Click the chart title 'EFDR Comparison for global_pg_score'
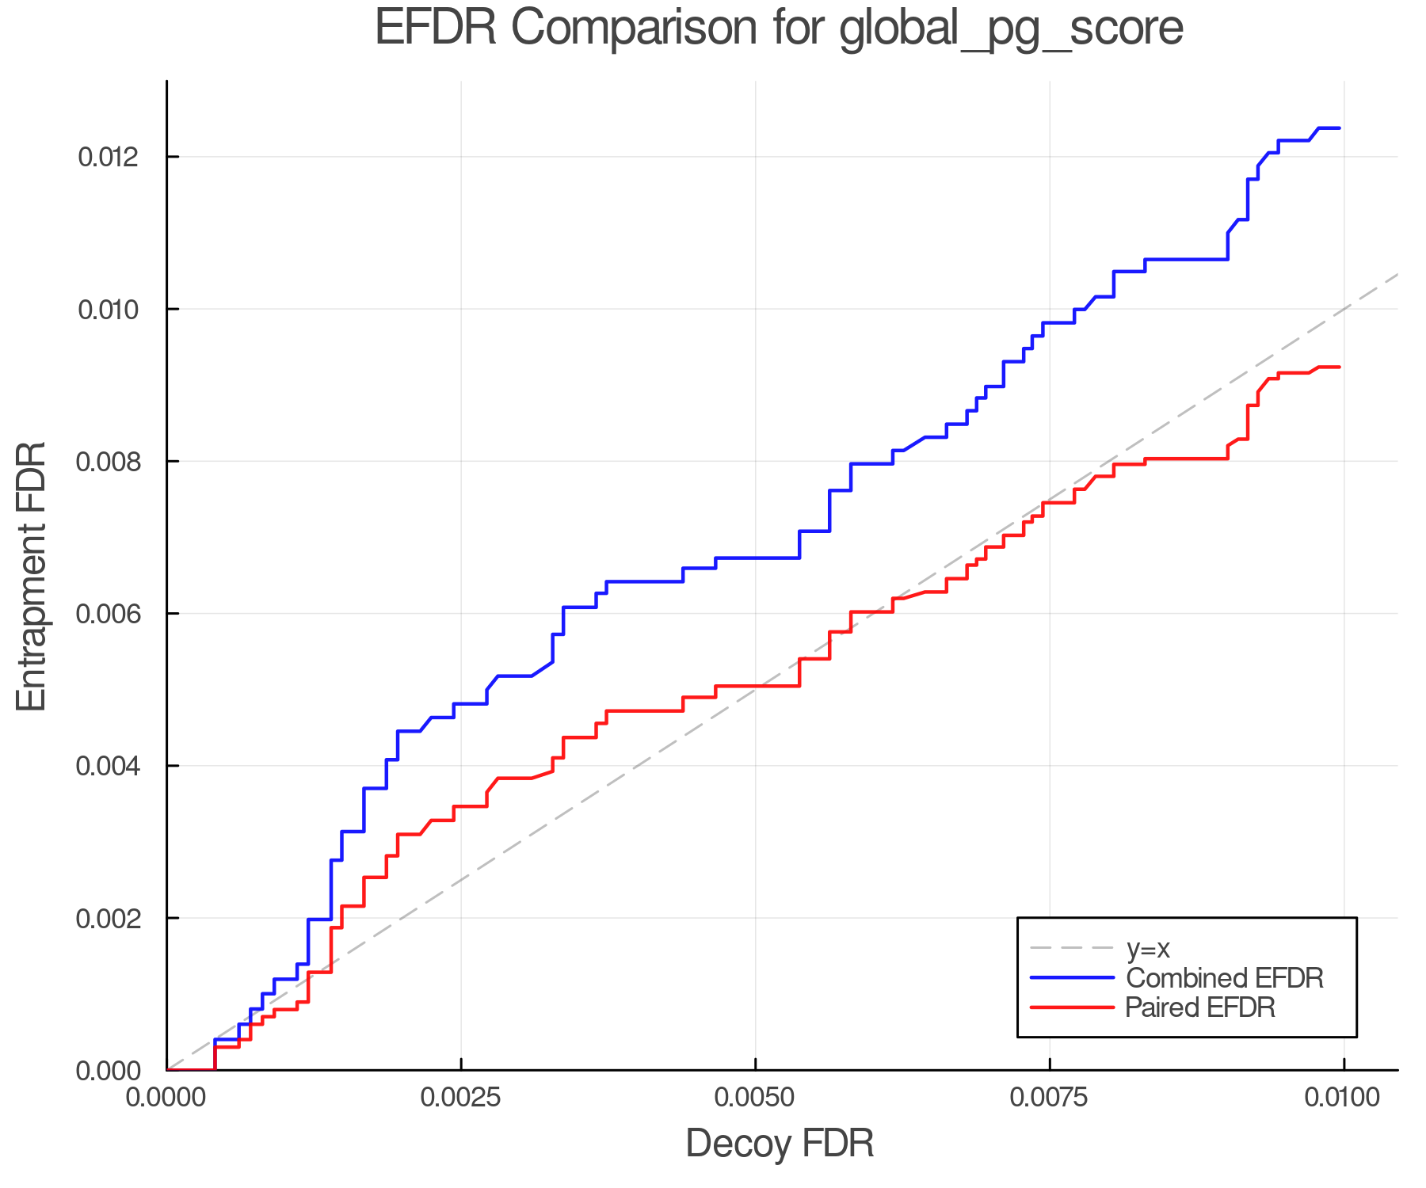click(779, 29)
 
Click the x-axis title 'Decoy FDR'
click(780, 1144)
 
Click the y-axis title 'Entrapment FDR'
click(32, 577)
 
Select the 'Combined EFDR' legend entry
click(1224, 978)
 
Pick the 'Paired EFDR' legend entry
click(1199, 1007)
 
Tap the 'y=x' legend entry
click(1148, 948)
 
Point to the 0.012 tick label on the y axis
click(108, 157)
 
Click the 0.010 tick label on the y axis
click(108, 309)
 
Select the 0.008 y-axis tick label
click(108, 462)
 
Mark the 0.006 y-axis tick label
click(108, 614)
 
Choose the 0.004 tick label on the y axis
click(108, 766)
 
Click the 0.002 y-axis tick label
click(108, 919)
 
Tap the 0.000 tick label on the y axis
click(108, 1071)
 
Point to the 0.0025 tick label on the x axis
click(461, 1098)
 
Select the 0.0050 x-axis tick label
click(756, 1098)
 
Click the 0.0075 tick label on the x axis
click(1050, 1098)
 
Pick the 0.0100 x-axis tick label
click(1344, 1098)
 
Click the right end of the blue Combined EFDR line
click(1339, 128)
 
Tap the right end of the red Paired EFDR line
click(1339, 367)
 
